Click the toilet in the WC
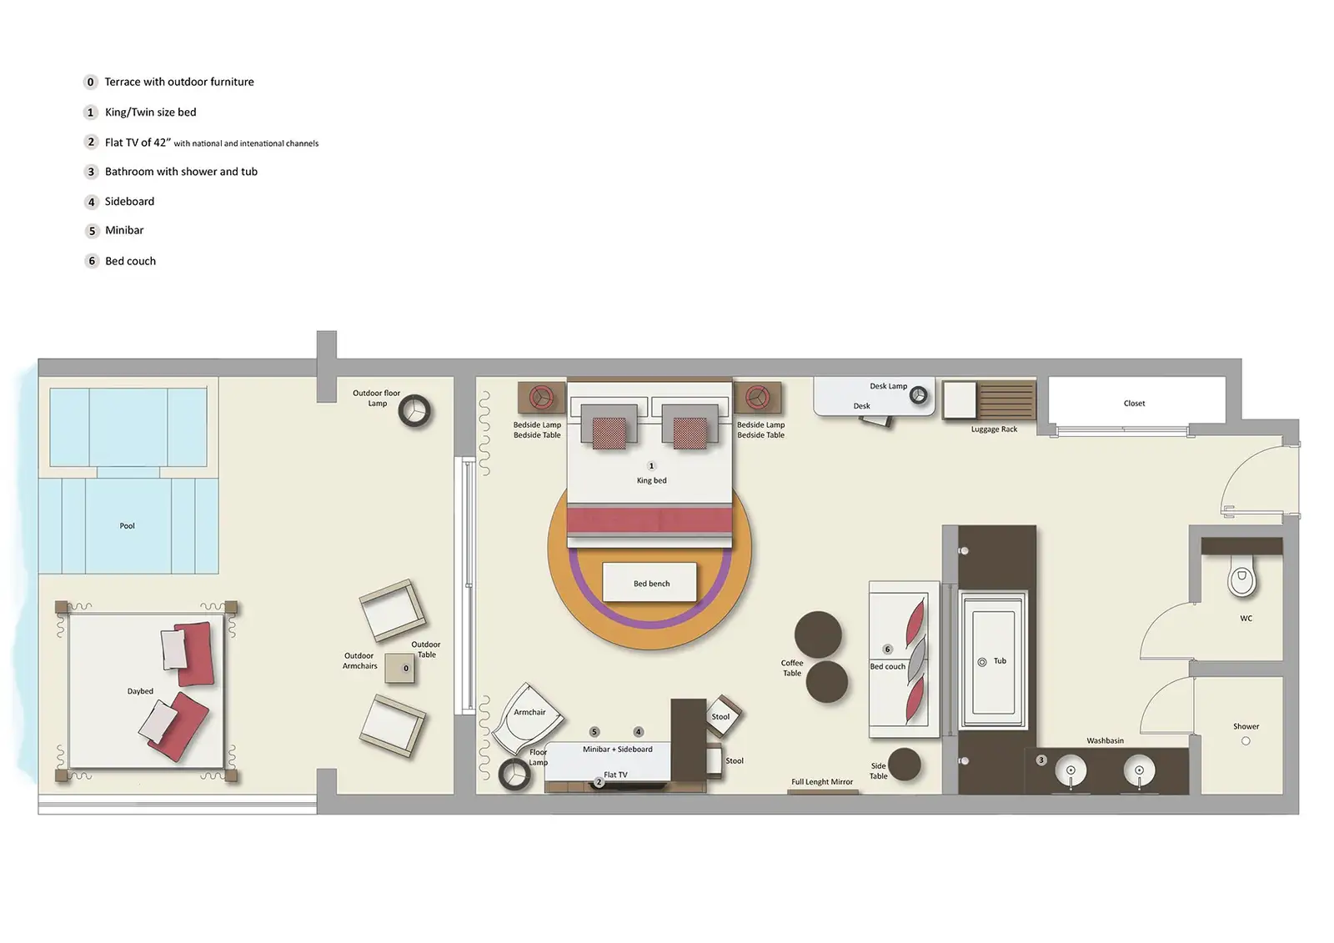coord(1241,579)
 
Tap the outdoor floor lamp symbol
coord(414,410)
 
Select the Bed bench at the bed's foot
coord(650,582)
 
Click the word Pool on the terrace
coord(127,526)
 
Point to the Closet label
coord(1134,404)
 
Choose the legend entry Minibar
coord(124,231)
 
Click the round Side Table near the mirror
coord(904,765)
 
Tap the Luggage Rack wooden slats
coord(1006,400)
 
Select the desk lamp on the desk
coord(918,395)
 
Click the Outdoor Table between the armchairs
coord(400,669)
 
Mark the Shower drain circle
coord(1246,741)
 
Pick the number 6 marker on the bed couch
coord(887,650)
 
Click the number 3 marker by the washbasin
coord(1041,760)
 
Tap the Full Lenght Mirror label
coord(822,782)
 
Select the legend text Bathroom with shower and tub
coord(181,172)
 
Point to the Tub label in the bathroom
coord(1000,661)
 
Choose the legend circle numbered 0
coord(91,82)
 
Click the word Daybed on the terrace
coord(140,691)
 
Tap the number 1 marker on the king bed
coord(651,466)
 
